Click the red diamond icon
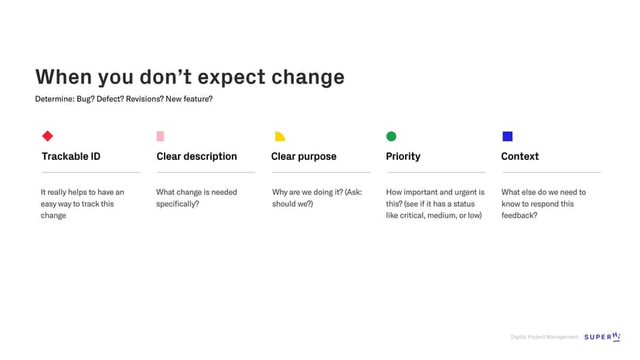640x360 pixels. (47, 136)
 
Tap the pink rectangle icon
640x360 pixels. (160, 136)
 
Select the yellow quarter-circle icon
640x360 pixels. (280, 136)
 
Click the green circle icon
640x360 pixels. (391, 136)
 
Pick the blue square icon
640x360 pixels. (507, 136)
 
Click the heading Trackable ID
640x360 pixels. (71, 156)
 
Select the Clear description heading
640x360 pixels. (197, 156)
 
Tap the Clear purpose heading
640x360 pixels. (304, 156)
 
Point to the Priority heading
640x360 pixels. (403, 156)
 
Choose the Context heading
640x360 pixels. (520, 156)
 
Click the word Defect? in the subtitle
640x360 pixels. (110, 99)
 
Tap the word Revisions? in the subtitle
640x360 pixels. (145, 99)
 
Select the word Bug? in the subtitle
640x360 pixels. (86, 99)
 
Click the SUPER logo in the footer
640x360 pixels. (602, 336)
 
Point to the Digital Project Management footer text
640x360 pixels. (544, 337)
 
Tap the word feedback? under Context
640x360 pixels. (519, 215)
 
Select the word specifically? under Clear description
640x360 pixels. (178, 204)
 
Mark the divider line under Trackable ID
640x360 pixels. (90, 172)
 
